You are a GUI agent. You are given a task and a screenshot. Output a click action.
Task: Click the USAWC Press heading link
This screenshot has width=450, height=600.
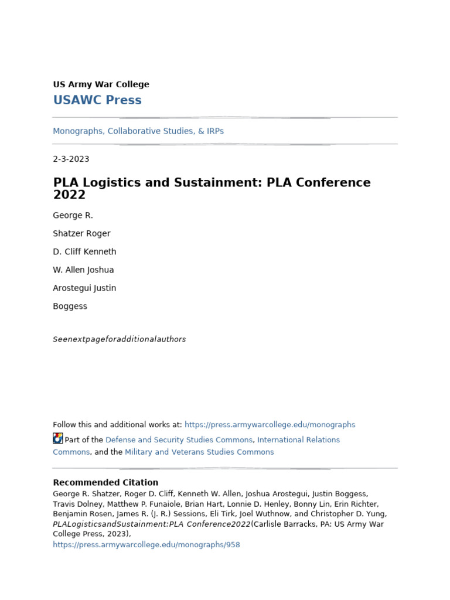pyautogui.click(x=97, y=100)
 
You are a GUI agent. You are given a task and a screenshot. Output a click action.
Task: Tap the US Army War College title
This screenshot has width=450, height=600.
pyautogui.click(x=101, y=84)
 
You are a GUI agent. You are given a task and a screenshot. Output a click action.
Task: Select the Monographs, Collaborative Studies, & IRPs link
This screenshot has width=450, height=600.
pyautogui.click(x=138, y=131)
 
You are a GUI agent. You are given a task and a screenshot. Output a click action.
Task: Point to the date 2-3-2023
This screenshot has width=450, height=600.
pyautogui.click(x=71, y=159)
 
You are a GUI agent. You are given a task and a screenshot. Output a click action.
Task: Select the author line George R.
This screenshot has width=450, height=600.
pyautogui.click(x=73, y=216)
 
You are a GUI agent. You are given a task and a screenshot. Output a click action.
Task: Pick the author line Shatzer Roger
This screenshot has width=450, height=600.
pyautogui.click(x=81, y=234)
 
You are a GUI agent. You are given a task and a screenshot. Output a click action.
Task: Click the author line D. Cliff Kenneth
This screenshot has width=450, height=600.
pyautogui.click(x=84, y=252)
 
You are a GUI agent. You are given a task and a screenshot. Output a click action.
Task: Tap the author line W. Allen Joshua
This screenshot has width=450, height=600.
pyautogui.click(x=83, y=270)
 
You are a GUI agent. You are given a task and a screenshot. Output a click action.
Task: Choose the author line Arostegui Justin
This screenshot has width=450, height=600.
pyautogui.click(x=84, y=288)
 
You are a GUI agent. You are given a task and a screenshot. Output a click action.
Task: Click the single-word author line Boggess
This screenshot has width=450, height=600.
pyautogui.click(x=70, y=306)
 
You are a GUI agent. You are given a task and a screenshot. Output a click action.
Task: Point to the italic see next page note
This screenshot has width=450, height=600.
pyautogui.click(x=119, y=339)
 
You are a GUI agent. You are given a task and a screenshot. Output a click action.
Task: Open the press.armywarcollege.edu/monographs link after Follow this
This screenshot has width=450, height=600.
pyautogui.click(x=270, y=425)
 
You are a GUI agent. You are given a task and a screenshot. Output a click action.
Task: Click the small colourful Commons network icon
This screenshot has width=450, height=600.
pyautogui.click(x=57, y=438)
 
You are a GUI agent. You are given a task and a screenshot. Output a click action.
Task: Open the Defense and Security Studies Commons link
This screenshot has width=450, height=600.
pyautogui.click(x=179, y=440)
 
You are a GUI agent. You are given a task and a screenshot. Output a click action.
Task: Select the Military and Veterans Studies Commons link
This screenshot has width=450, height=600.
pyautogui.click(x=199, y=452)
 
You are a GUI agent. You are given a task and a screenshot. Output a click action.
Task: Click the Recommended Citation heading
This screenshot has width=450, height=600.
pyautogui.click(x=105, y=483)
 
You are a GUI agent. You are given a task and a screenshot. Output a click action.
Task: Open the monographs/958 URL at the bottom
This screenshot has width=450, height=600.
pyautogui.click(x=146, y=545)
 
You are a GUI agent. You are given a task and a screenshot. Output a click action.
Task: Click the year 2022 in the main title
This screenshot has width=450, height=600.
pyautogui.click(x=69, y=195)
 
